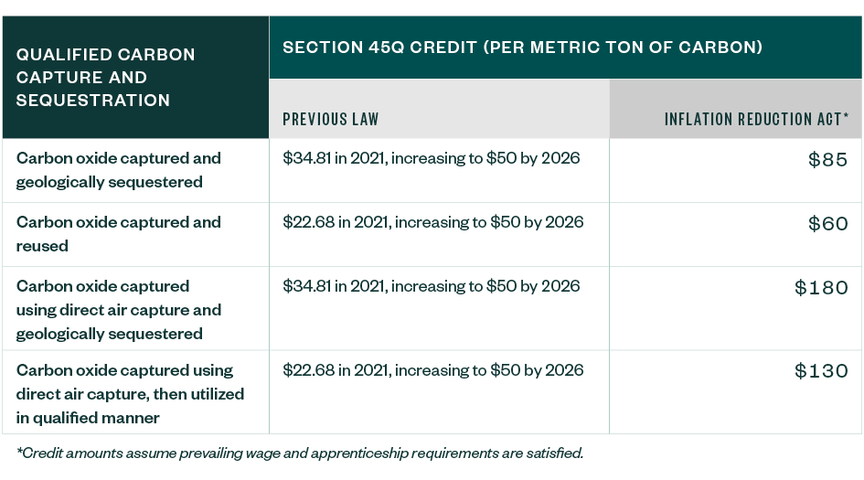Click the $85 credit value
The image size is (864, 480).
828,160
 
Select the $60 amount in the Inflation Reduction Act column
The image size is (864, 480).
828,224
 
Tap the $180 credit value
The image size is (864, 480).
822,288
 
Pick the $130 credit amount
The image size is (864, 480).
822,372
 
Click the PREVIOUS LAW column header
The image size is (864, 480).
330,119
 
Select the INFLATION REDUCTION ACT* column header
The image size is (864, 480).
756,119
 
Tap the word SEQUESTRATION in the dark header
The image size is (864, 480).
93,101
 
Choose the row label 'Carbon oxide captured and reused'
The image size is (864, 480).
118,234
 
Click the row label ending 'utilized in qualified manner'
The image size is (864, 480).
130,394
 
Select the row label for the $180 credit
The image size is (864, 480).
118,310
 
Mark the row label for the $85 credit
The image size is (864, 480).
118,170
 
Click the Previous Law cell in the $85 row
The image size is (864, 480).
432,158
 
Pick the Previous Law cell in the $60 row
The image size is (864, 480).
432,222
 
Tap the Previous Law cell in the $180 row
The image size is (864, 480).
432,286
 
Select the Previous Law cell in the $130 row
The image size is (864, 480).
432,370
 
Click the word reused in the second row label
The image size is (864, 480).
42,246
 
